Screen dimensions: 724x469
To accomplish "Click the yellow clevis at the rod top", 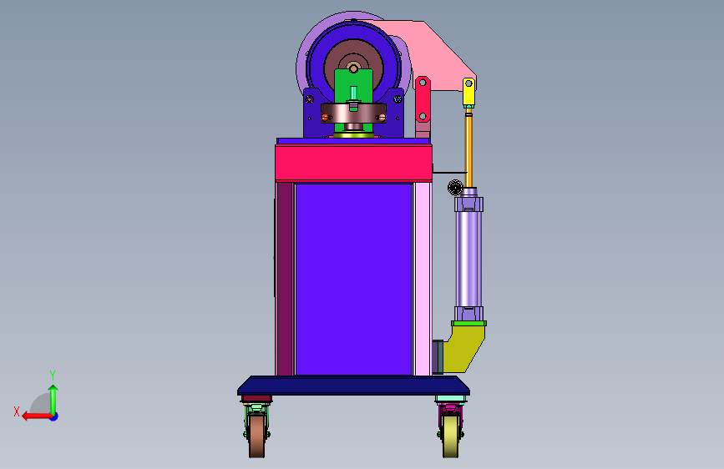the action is pyautogui.click(x=468, y=92).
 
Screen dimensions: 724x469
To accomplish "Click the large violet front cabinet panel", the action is pyautogui.click(x=354, y=280).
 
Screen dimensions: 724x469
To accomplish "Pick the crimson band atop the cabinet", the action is pyautogui.click(x=354, y=163).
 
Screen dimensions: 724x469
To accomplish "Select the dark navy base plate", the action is pyautogui.click(x=354, y=385).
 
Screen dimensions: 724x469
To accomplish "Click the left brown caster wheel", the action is pyautogui.click(x=256, y=436).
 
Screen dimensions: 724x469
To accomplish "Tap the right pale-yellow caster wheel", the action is pyautogui.click(x=450, y=436).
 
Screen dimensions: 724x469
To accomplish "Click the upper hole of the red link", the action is pyautogui.click(x=423, y=83).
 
